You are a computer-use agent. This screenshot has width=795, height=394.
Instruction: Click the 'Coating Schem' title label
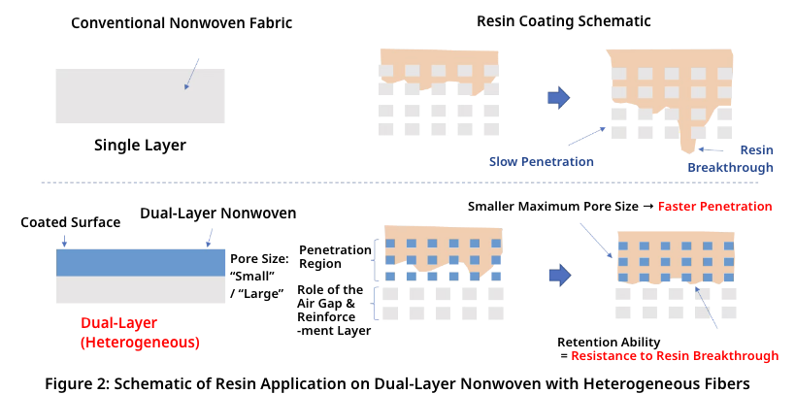[570, 21]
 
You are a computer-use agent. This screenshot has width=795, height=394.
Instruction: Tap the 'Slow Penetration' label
[544, 161]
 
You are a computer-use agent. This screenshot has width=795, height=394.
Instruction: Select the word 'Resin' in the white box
[756, 150]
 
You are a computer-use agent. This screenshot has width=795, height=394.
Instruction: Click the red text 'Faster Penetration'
[714, 207]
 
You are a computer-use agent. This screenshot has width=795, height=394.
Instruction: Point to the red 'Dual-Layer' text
[118, 322]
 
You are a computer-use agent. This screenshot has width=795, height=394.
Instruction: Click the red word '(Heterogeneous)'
[140, 343]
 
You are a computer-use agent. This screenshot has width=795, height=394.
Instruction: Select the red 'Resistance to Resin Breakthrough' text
[674, 356]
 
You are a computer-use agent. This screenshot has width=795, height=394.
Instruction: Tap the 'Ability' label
[641, 342]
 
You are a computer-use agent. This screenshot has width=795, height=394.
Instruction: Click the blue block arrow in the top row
[559, 97]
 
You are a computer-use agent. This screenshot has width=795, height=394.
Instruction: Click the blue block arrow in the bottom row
[559, 276]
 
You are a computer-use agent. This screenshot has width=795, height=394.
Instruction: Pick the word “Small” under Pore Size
[249, 276]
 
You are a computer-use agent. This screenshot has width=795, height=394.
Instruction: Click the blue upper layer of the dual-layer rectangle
[141, 263]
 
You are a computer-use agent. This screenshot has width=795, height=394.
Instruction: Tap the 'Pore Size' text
[257, 259]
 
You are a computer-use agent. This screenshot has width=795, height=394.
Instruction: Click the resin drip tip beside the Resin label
[689, 148]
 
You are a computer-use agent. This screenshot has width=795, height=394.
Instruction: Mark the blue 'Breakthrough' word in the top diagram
[730, 168]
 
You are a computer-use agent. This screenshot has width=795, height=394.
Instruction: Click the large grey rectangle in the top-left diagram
[140, 96]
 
